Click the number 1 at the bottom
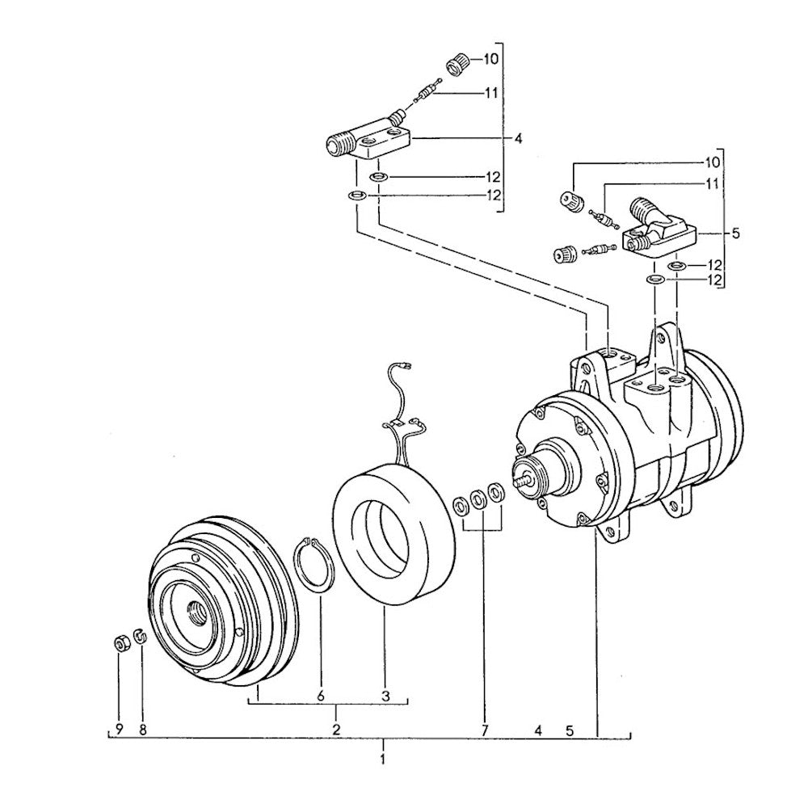(382, 760)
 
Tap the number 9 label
(120, 730)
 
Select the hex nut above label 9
(121, 644)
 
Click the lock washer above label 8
(139, 637)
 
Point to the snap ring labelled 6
(315, 563)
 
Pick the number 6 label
(321, 696)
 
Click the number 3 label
(386, 696)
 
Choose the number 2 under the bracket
(336, 730)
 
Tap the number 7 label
(485, 730)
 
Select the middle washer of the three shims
(478, 499)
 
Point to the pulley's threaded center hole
(196, 611)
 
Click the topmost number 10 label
(490, 59)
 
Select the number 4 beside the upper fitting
(519, 139)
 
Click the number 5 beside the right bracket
(735, 234)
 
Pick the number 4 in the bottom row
(538, 730)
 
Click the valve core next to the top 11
(429, 92)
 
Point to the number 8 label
(143, 730)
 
